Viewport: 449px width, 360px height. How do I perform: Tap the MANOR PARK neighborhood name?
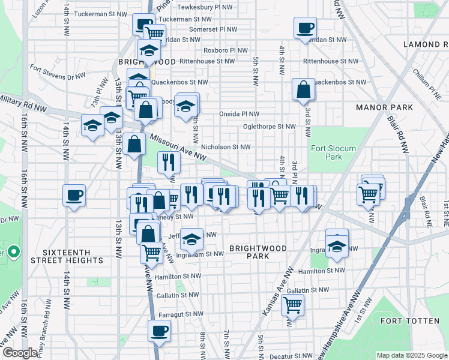click(384, 107)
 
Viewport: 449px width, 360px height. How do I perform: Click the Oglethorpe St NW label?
click(269, 127)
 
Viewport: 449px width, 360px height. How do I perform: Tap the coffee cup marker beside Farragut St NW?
click(159, 331)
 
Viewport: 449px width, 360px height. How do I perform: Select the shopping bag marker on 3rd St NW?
click(304, 89)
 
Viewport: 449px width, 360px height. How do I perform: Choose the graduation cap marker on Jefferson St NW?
click(191, 239)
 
